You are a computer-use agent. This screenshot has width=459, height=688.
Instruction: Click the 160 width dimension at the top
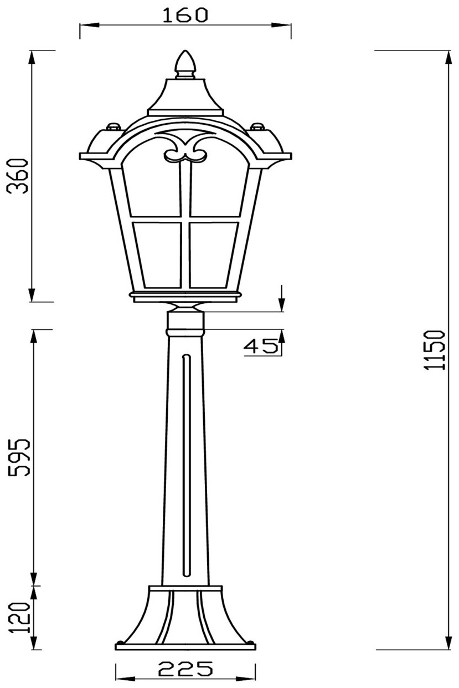click(185, 16)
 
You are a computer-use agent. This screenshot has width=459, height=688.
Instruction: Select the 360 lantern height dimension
click(18, 176)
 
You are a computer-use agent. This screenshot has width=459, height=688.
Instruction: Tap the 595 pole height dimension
click(19, 457)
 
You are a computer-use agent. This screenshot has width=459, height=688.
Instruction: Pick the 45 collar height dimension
click(261, 346)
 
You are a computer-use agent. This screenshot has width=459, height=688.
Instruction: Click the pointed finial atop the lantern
click(185, 65)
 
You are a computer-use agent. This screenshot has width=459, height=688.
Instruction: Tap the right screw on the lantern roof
click(257, 126)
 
